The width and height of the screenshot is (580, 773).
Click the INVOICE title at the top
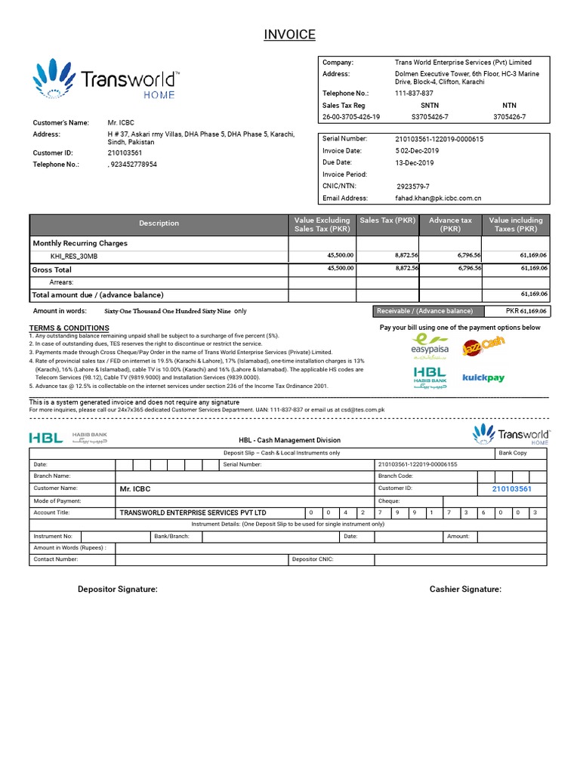(289, 35)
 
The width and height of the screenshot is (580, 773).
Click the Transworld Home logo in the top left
(106, 80)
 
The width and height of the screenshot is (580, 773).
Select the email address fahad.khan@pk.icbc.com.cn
(439, 198)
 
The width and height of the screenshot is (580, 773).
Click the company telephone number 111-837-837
(414, 93)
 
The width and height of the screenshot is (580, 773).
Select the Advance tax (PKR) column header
(450, 224)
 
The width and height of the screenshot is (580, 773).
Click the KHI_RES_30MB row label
(74, 256)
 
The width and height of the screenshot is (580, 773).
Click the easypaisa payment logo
(429, 346)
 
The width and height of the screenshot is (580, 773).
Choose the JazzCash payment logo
(483, 347)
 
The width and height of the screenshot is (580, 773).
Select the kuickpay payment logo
(483, 377)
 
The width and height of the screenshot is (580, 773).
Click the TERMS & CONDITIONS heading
(69, 328)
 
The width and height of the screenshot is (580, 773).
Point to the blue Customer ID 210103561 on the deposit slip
(511, 489)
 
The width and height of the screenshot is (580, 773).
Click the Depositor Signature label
(118, 589)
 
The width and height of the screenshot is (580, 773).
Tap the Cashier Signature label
(465, 589)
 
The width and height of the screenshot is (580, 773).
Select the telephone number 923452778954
(134, 164)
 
